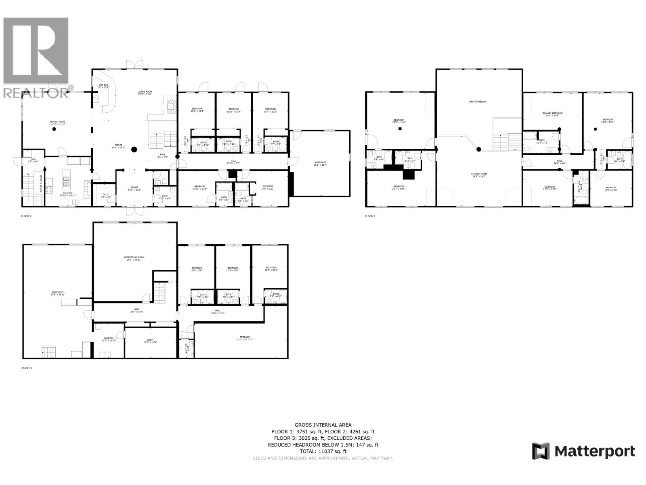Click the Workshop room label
(320, 164)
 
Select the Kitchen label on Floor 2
(67, 194)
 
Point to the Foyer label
(134, 188)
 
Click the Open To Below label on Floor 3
(477, 101)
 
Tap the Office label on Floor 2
(118, 146)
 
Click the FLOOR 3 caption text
(370, 216)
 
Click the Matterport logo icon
(541, 451)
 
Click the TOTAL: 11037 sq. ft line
(323, 451)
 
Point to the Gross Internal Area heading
(323, 425)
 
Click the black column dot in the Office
(134, 149)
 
